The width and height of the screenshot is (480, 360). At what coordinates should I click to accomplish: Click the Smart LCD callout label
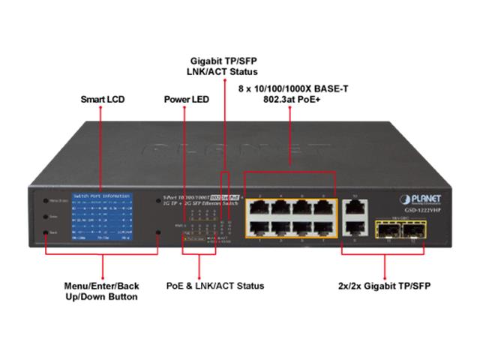[x=102, y=99]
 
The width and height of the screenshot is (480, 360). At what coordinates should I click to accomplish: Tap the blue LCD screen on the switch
[x=100, y=218]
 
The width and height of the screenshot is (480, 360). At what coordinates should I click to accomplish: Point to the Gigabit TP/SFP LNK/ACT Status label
[x=222, y=65]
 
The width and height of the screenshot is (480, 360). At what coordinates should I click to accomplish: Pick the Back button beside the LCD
[x=46, y=233]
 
